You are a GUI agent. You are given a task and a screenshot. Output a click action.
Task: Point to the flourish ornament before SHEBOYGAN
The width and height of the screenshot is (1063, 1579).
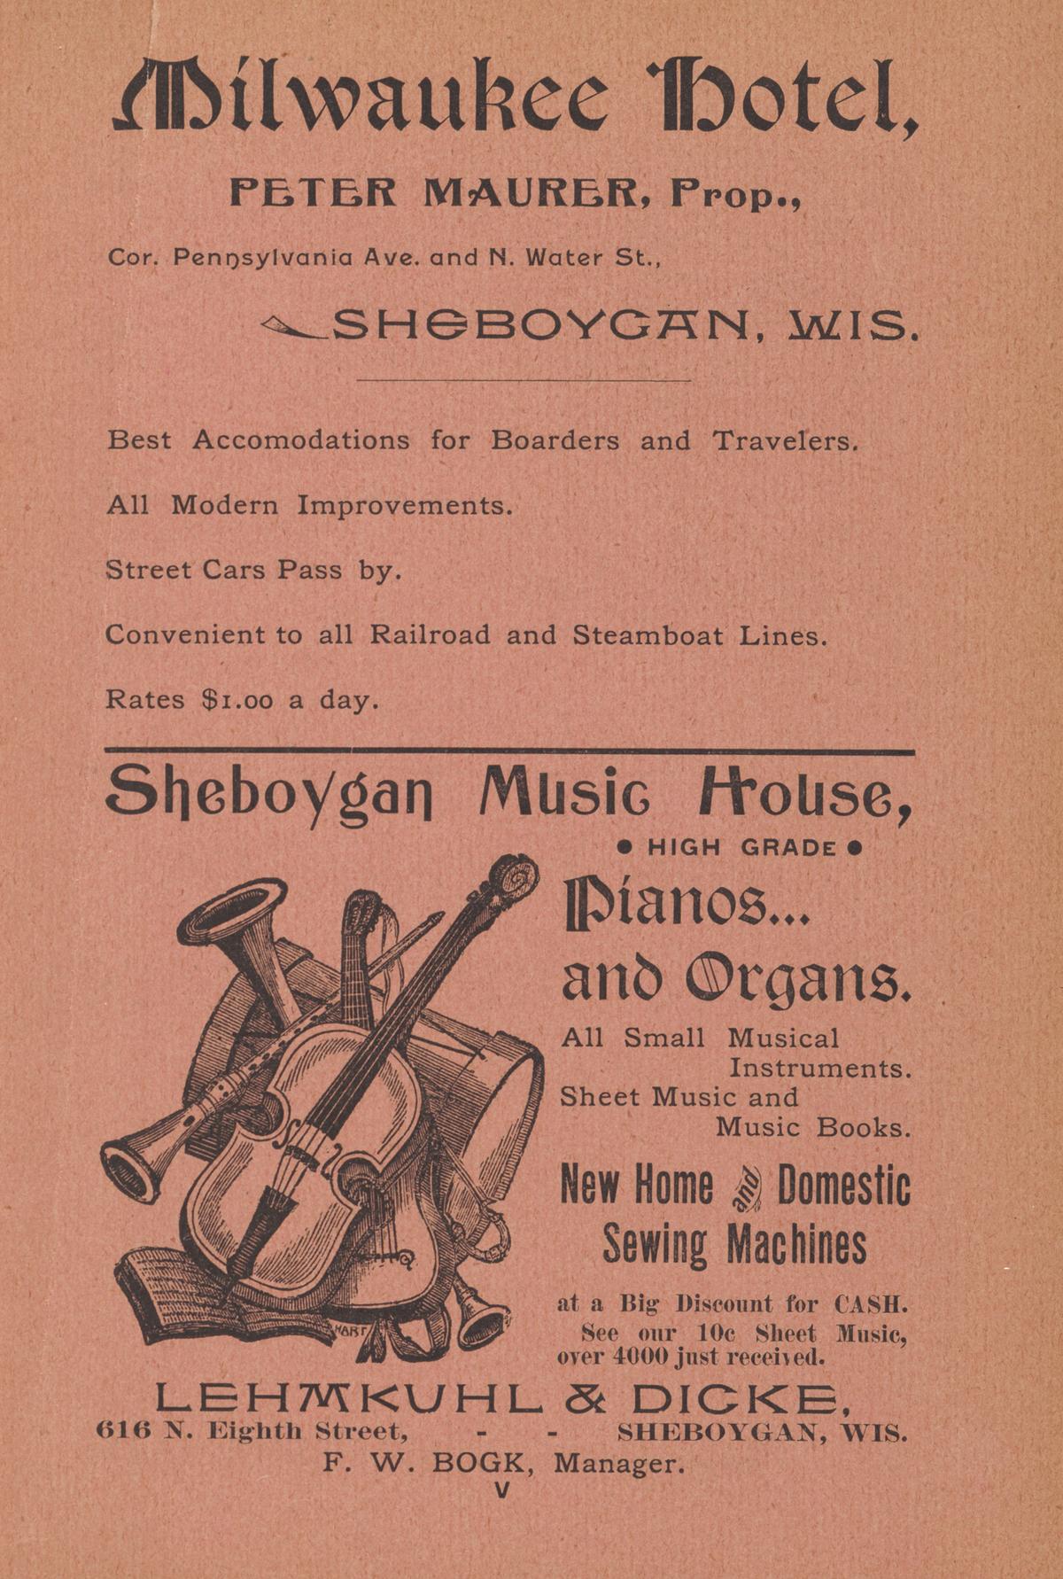pos(293,329)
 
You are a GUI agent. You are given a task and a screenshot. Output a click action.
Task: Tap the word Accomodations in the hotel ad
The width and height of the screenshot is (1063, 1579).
pos(301,440)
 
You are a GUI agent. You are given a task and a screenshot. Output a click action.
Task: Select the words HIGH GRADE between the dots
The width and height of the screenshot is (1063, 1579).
pos(741,848)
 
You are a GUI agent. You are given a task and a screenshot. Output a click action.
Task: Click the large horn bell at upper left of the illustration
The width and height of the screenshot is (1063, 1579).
pos(233,911)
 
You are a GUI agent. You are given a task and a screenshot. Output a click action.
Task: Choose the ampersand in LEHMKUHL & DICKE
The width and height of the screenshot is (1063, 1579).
pos(586,1399)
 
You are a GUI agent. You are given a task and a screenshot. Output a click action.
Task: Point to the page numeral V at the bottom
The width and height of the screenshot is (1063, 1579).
pos(502,1491)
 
